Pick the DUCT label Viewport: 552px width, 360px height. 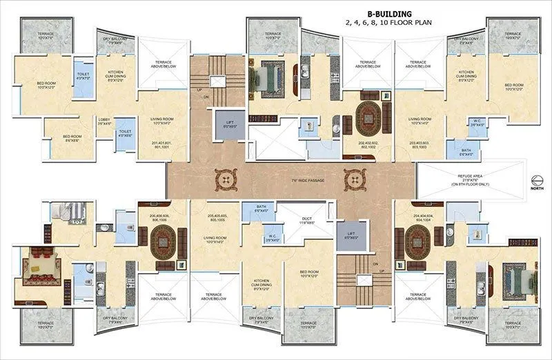tap(306, 222)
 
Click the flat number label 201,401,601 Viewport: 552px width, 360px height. tap(161, 145)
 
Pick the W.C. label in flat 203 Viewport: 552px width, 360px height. tap(456, 123)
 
